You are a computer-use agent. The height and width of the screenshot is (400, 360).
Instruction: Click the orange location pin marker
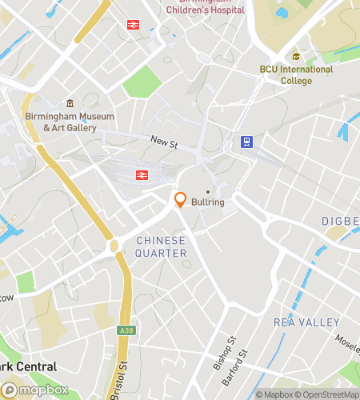180,200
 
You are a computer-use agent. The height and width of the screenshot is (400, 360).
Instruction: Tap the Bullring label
207,202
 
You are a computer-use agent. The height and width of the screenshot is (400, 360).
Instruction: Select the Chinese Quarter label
161,246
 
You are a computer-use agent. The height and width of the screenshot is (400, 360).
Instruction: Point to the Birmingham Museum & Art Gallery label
70,122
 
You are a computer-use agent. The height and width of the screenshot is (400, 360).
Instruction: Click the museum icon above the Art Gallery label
70,103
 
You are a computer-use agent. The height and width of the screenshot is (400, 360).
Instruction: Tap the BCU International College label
296,74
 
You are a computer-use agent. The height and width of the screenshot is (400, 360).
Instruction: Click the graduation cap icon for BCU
296,56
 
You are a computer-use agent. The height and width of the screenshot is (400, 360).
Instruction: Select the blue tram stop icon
247,142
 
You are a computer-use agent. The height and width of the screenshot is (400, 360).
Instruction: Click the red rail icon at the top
131,24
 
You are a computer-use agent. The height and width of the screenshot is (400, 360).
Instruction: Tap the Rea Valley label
306,322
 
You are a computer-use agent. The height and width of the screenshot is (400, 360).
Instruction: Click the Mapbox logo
34,390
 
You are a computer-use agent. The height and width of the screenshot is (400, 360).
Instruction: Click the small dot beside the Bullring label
207,191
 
